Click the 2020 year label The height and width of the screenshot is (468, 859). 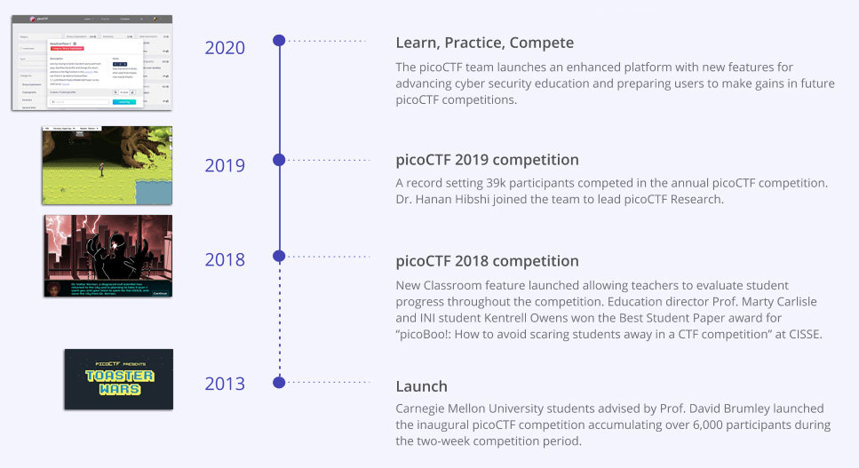tap(225, 48)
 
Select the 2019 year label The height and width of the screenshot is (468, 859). tap(225, 165)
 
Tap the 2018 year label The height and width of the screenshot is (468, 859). tap(225, 260)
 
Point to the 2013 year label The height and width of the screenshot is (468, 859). tap(225, 384)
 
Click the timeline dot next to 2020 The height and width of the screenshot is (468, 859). tap(279, 41)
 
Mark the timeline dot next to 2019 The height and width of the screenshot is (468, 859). tap(279, 160)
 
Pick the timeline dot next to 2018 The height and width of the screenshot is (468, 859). tap(279, 256)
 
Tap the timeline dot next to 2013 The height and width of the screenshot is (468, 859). tap(279, 383)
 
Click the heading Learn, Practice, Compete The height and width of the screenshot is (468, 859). tap(484, 43)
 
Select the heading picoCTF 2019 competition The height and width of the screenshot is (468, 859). tap(487, 161)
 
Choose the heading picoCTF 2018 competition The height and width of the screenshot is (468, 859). tap(487, 261)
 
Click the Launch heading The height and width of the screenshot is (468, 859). tap(421, 387)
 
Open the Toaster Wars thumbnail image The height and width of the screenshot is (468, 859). tap(118, 379)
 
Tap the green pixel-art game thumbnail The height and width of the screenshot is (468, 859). tap(107, 165)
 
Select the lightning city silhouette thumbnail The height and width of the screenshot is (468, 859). tap(107, 256)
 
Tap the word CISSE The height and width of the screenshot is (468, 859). tap(799, 334)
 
